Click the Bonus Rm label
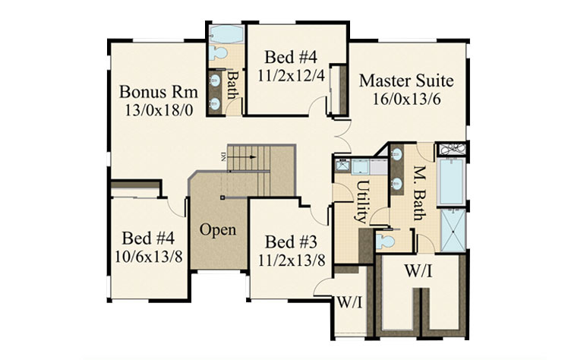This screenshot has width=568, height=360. pyautogui.click(x=158, y=92)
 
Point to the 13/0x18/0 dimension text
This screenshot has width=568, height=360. pyautogui.click(x=159, y=110)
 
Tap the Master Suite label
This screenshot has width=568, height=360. pyautogui.click(x=406, y=81)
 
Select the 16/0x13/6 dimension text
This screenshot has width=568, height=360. pyautogui.click(x=407, y=99)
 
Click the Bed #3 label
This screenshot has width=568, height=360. pyautogui.click(x=291, y=242)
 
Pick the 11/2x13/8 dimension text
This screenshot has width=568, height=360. pyautogui.click(x=292, y=261)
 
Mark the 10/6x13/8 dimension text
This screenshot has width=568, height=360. pyautogui.click(x=149, y=257)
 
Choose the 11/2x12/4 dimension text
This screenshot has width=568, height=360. pyautogui.click(x=292, y=76)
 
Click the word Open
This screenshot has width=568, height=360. pyautogui.click(x=218, y=230)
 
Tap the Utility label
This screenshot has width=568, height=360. pyautogui.click(x=362, y=202)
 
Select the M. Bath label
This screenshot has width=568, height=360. pyautogui.click(x=419, y=193)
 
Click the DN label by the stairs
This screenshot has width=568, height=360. pyautogui.click(x=223, y=156)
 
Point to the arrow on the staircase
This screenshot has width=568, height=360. pyautogui.click(x=242, y=156)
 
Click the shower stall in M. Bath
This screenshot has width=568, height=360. pyautogui.click(x=453, y=230)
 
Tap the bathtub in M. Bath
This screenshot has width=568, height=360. pyautogui.click(x=451, y=182)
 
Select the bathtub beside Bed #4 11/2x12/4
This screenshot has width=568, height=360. pyautogui.click(x=226, y=34)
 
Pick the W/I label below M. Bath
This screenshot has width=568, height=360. pyautogui.click(x=418, y=270)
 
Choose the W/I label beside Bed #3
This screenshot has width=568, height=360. pyautogui.click(x=349, y=302)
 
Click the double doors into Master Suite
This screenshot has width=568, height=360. pyautogui.click(x=342, y=136)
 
